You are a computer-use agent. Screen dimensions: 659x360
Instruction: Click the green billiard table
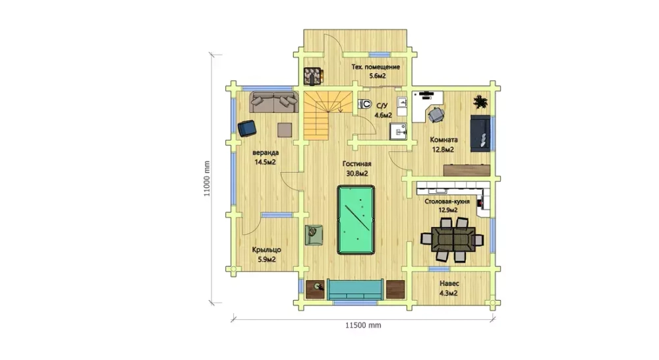(356, 220)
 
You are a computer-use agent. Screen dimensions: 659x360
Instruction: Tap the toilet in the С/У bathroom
(365, 104)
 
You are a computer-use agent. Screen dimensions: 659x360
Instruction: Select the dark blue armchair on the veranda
(246, 129)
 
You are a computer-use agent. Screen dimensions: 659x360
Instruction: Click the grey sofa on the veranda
(274, 102)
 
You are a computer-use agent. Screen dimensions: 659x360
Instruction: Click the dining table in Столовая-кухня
(453, 239)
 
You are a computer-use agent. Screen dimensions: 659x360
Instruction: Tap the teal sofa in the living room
(355, 289)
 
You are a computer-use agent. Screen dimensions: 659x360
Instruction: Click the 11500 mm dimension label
(363, 325)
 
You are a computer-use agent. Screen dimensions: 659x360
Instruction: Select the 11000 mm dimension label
(206, 179)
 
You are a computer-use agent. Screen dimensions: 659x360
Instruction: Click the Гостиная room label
(357, 164)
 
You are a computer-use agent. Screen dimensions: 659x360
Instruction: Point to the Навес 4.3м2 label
(449, 289)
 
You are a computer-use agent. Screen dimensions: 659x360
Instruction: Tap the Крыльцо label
(266, 250)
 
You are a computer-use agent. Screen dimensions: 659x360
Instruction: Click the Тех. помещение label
(376, 67)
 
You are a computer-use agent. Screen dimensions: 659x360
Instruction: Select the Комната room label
(444, 140)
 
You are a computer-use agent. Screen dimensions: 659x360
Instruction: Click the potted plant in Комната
(480, 102)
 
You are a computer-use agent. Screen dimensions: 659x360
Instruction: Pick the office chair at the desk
(436, 114)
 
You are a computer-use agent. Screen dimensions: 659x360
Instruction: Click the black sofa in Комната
(480, 133)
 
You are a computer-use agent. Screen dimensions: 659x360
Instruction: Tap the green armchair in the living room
(314, 235)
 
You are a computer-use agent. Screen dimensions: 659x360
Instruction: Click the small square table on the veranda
(285, 129)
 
